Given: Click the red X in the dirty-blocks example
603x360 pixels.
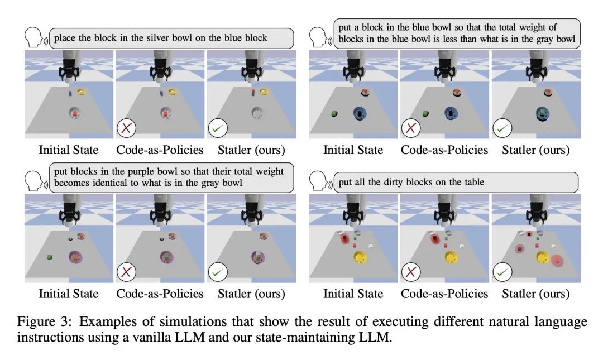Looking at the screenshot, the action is (x=411, y=272).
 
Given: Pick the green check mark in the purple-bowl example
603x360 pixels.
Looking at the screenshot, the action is (x=218, y=272).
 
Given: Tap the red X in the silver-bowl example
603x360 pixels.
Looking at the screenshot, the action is (x=127, y=128).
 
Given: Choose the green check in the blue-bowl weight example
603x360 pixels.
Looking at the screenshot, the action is (x=502, y=128).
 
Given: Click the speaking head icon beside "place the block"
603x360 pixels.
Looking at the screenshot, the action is (x=35, y=37).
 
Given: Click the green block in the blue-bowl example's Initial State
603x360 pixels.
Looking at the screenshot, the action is (x=334, y=113).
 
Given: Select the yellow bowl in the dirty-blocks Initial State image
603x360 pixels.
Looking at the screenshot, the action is (x=360, y=257).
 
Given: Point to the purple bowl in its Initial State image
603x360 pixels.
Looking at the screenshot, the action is (x=75, y=257).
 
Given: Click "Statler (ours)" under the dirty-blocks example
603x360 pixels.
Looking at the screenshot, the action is (x=535, y=294).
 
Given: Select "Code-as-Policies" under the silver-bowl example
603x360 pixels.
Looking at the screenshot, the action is (x=160, y=150).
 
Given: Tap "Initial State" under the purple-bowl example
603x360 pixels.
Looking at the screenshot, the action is (x=69, y=294).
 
